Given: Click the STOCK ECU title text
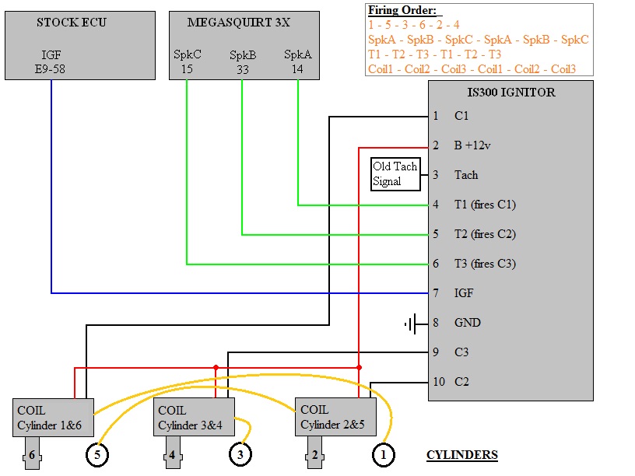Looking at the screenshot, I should tap(72, 23).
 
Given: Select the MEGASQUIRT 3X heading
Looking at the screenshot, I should tap(238, 23).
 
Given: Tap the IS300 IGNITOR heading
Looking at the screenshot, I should tap(510, 93).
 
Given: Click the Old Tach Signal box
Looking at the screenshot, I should tap(395, 174).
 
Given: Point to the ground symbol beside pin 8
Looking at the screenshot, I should tap(413, 323).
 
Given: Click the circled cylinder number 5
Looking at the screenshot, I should tap(97, 455).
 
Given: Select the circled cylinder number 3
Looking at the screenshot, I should tap(240, 455).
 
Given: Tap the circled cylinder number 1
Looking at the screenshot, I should tap(383, 455).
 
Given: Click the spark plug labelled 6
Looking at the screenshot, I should tap(32, 456).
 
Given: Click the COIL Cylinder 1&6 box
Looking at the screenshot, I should tap(54, 418).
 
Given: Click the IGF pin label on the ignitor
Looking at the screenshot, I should tap(464, 293).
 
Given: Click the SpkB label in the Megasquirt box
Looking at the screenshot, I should tap(243, 55).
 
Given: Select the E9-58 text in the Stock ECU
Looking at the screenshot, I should tap(51, 68).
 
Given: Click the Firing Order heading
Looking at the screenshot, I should tap(402, 11).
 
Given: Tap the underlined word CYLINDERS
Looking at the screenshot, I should tap(462, 455).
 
